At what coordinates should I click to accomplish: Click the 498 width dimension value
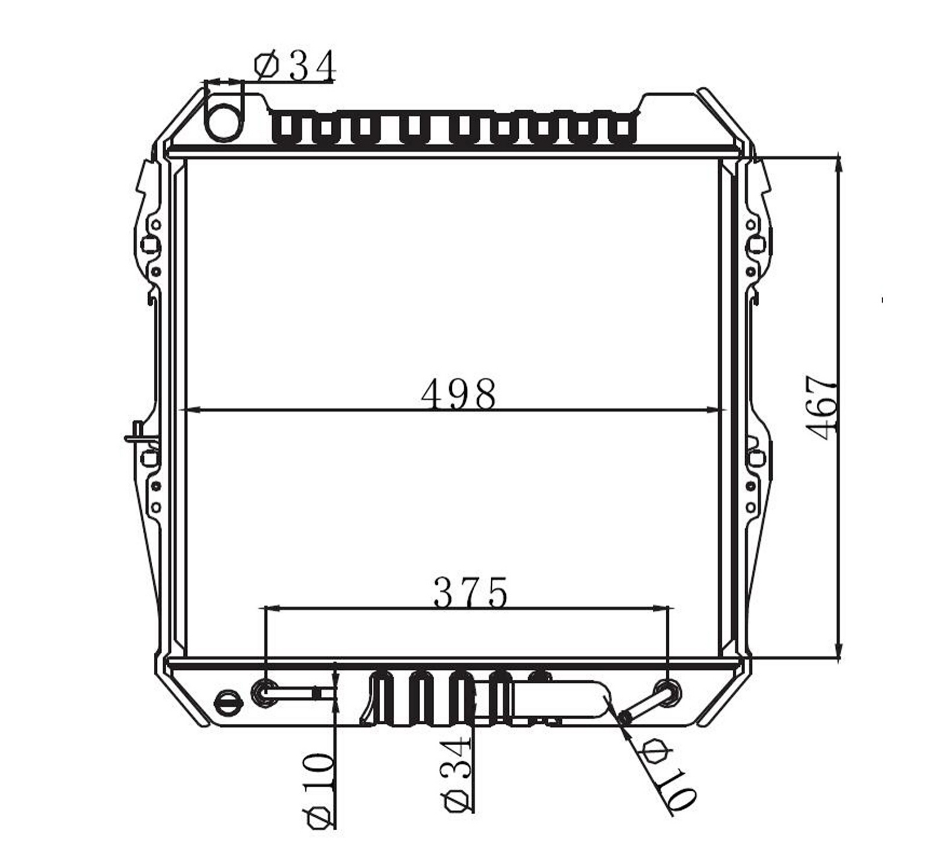(458, 394)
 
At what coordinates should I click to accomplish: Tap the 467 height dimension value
(821, 407)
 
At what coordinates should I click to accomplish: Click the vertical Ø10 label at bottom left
(319, 790)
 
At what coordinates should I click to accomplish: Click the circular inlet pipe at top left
(223, 120)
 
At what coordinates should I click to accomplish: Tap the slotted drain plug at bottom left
(228, 703)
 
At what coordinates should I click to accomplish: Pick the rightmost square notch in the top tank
(622, 128)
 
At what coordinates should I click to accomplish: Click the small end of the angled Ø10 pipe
(625, 717)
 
